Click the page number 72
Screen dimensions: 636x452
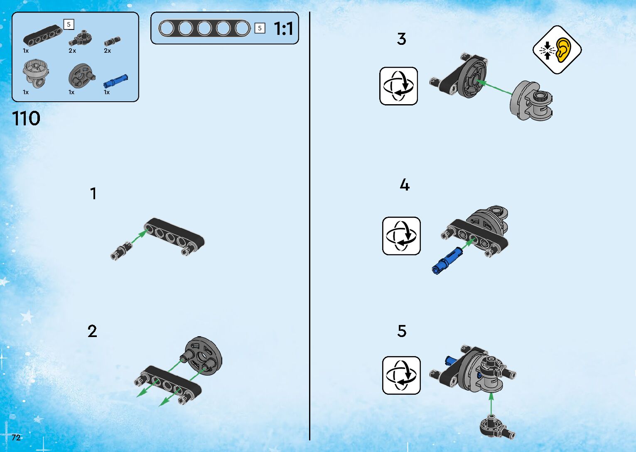click(16, 437)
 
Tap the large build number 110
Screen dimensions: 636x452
click(26, 118)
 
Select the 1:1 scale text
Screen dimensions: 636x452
click(284, 29)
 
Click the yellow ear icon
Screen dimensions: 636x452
click(563, 50)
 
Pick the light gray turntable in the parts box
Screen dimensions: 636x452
click(35, 74)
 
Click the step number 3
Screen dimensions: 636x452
click(401, 39)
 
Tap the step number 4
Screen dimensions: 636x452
click(405, 185)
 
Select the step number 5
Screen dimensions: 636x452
click(402, 331)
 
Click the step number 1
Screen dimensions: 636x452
click(93, 193)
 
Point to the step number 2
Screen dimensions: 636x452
click(92, 331)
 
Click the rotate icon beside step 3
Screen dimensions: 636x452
click(399, 86)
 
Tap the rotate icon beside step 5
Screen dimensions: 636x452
click(401, 375)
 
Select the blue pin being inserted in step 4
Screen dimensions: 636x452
click(447, 260)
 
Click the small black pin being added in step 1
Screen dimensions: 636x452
click(121, 251)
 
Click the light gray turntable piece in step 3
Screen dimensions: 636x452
click(531, 100)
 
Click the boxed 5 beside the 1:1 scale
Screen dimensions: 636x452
click(260, 28)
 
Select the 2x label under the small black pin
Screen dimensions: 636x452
click(107, 51)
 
